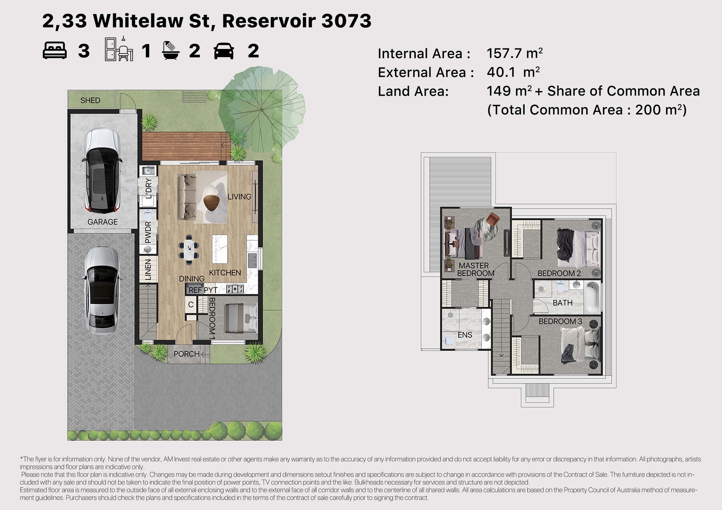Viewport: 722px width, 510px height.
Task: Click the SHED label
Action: (x=90, y=101)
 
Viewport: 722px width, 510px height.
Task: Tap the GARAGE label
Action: (x=102, y=222)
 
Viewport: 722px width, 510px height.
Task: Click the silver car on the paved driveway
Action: (x=102, y=291)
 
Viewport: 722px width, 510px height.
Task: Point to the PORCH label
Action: (x=186, y=354)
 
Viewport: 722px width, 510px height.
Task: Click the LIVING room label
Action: (x=239, y=197)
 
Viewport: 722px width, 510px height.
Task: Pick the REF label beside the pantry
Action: (x=195, y=290)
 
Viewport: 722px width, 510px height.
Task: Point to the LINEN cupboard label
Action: (x=148, y=270)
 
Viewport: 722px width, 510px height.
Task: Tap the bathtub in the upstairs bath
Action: (x=593, y=297)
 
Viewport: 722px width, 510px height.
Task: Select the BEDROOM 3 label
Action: (x=560, y=321)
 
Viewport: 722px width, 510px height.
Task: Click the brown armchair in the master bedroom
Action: (x=492, y=219)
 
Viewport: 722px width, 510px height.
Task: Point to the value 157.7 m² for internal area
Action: (x=515, y=53)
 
